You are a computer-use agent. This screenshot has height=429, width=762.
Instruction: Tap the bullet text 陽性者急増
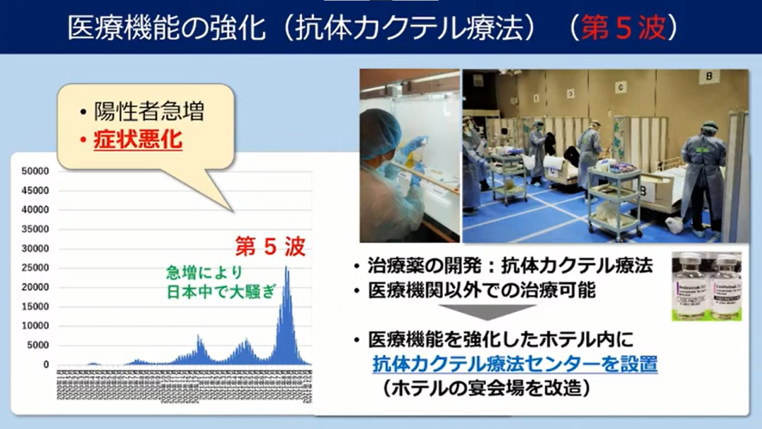tap(149, 112)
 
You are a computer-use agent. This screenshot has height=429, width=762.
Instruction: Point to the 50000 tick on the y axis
tap(36, 171)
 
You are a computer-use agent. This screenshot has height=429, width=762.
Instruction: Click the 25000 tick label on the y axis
tap(36, 268)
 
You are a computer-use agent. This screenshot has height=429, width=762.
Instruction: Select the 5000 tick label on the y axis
tap(38, 346)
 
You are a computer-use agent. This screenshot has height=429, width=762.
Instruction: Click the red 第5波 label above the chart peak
tap(269, 247)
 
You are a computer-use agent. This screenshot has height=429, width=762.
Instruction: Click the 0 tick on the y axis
tap(45, 365)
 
